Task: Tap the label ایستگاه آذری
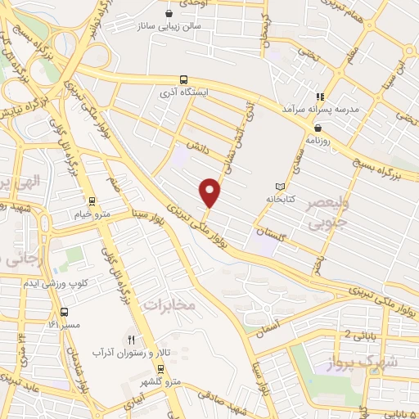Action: point(184,92)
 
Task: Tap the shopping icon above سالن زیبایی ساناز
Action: point(169,12)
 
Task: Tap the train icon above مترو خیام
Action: point(92,200)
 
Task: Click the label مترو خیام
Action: point(92,214)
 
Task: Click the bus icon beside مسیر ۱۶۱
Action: point(64,312)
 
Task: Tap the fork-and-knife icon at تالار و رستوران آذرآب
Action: point(130,338)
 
